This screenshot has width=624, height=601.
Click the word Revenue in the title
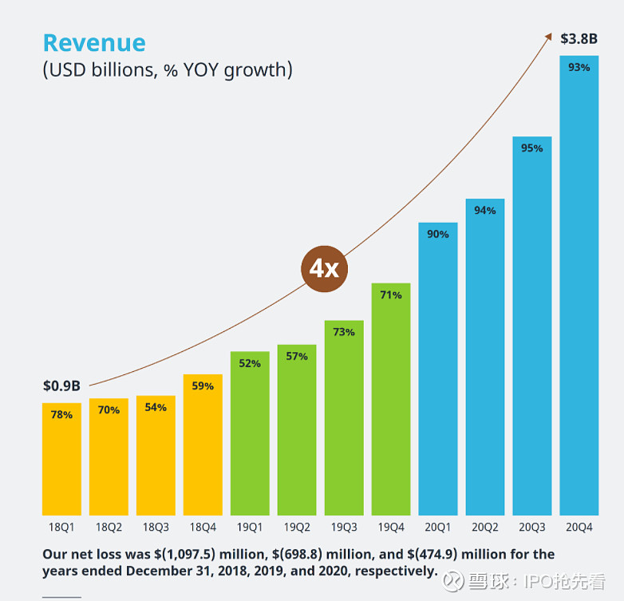point(94,43)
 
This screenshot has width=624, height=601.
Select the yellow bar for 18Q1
point(61,463)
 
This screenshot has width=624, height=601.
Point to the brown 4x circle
point(324,268)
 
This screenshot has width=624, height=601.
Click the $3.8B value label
point(579,38)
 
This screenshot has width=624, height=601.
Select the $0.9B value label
point(61,386)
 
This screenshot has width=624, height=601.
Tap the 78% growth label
point(61,415)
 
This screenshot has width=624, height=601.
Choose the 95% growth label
point(532,148)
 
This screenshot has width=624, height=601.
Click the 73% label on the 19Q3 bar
point(344,332)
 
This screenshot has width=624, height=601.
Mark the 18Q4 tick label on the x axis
point(203,527)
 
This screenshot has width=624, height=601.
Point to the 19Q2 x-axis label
point(297,527)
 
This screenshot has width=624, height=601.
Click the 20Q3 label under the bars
point(532,527)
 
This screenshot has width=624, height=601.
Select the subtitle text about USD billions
point(168,70)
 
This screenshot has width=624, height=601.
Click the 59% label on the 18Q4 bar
point(203,386)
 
